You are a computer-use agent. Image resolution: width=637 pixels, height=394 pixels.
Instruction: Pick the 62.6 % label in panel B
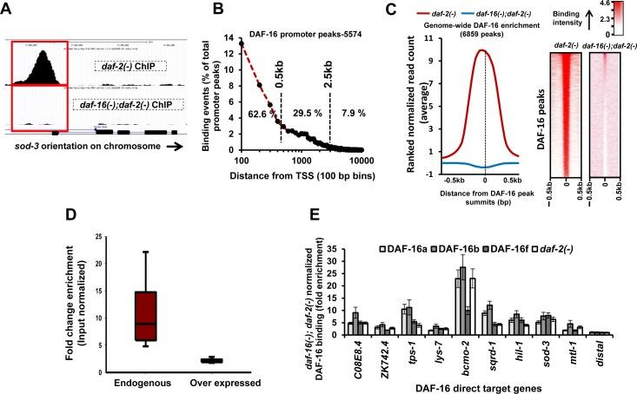click(260, 113)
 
